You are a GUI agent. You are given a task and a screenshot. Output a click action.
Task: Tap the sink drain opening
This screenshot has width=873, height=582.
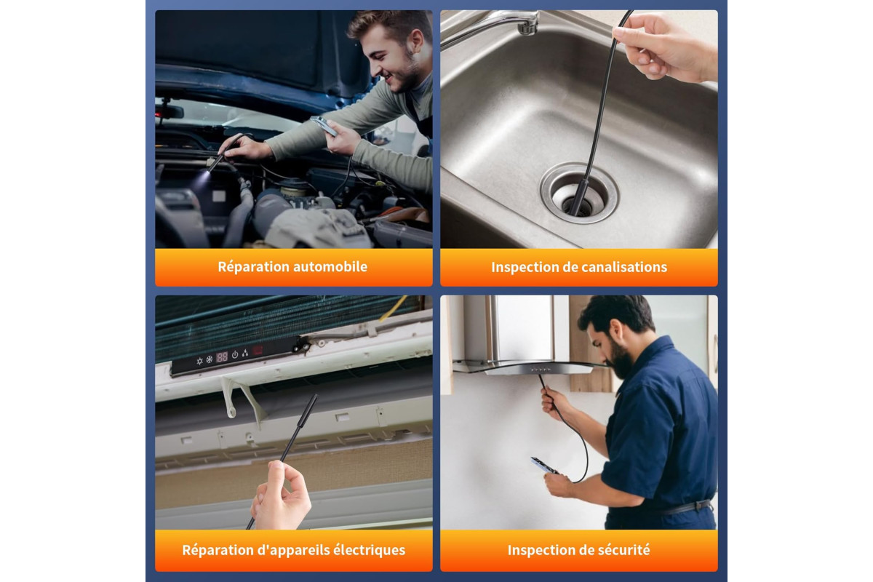[x=580, y=199]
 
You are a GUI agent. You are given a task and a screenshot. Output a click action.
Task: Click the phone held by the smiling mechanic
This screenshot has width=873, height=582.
[x=324, y=126]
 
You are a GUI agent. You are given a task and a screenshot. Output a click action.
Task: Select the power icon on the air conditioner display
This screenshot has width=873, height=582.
[x=235, y=355]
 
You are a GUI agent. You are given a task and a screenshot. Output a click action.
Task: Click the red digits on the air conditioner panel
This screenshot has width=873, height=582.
[x=222, y=356]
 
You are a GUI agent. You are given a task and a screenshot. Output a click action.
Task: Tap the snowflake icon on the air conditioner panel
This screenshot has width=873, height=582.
[x=210, y=359]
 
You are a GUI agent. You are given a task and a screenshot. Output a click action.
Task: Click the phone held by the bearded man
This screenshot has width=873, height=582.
[x=544, y=466]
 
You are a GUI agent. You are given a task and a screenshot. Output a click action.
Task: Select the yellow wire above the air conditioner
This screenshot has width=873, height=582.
[x=394, y=308]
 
